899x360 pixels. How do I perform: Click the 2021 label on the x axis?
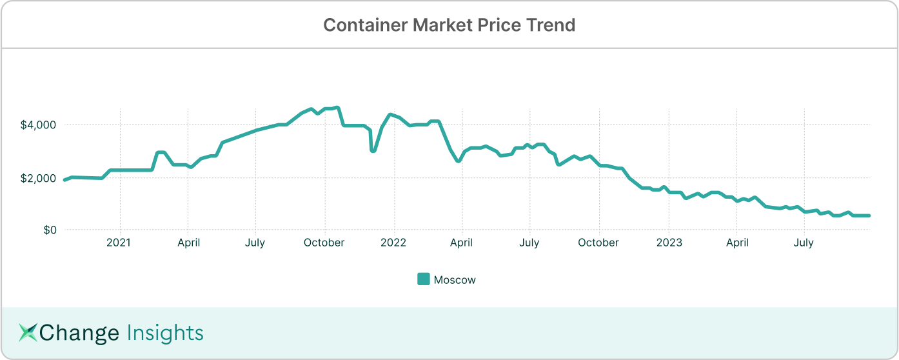tap(119, 243)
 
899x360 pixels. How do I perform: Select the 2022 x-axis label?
tap(393, 243)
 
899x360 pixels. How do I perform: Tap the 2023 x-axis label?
tap(669, 243)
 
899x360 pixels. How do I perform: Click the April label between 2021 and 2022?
tap(188, 243)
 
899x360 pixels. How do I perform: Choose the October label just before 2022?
tap(324, 243)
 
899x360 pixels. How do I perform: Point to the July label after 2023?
tap(804, 243)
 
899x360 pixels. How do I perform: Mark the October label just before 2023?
tap(599, 243)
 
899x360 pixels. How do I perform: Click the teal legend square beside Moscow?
tap(424, 279)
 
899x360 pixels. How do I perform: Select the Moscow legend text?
tap(455, 280)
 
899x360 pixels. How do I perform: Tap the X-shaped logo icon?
tap(28, 332)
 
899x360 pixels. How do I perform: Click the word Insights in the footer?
tap(165, 333)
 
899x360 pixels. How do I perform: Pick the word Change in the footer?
tap(79, 333)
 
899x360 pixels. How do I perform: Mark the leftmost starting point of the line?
tap(64, 180)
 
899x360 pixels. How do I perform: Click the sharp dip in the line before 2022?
tap(373, 150)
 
